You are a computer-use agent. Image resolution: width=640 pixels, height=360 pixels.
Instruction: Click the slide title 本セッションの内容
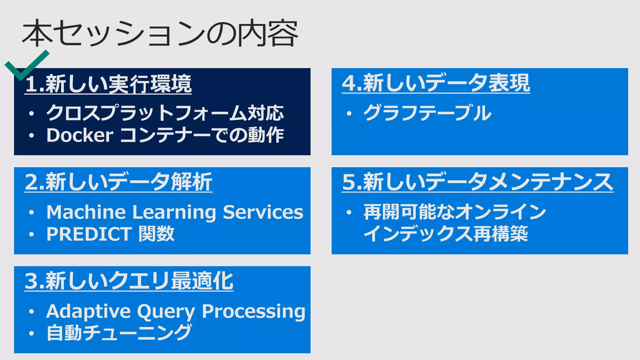pos(159,33)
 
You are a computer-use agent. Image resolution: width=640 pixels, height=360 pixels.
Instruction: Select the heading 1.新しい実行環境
pos(108,84)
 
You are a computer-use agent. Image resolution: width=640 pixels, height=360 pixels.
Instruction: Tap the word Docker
pos(80,135)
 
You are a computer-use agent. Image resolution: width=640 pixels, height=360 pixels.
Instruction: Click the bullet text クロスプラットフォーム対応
pos(165,113)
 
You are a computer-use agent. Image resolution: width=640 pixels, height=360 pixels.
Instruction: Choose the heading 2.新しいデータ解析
pos(118,182)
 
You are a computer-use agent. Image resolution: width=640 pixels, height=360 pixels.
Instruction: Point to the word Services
pos(263,212)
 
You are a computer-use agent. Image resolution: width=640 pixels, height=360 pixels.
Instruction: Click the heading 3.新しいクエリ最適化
pos(129,281)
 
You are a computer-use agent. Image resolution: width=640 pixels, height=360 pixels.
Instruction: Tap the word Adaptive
pos(88,312)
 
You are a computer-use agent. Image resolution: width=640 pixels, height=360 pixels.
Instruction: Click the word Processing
pos(253,312)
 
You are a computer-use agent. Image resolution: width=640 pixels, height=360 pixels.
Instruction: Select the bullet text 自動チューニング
pos(119,333)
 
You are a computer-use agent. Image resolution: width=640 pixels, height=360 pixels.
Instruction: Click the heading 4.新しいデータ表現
pos(436,83)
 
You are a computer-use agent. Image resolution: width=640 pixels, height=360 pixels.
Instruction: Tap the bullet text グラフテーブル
pos(427,113)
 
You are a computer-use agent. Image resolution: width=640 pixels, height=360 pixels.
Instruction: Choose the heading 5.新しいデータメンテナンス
pos(477,182)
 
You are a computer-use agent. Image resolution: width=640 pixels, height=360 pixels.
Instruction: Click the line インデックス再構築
pos(446,234)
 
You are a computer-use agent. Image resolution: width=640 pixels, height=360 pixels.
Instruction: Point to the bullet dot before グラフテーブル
pos(349,113)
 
